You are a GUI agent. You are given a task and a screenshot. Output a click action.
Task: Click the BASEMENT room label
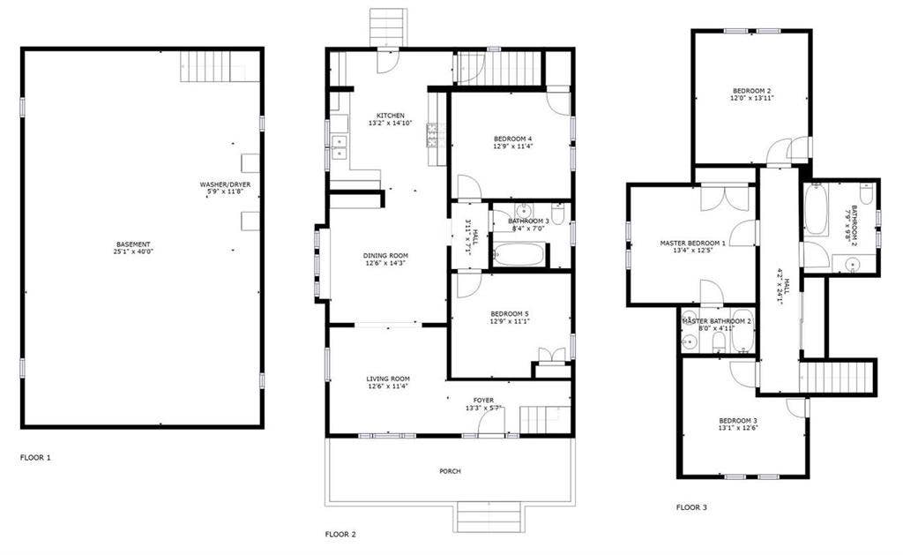tap(133, 244)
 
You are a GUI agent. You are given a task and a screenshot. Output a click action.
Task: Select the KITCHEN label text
tap(391, 116)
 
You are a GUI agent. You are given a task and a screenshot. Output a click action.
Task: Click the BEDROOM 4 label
tap(512, 139)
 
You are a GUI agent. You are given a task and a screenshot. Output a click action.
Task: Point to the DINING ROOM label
tap(386, 256)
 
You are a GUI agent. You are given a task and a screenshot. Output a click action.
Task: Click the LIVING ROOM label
tap(387, 379)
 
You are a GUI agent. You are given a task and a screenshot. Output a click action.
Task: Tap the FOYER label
tap(483, 400)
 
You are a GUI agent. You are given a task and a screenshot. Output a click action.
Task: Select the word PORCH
tap(450, 471)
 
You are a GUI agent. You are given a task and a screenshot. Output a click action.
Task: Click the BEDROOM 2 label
tap(751, 91)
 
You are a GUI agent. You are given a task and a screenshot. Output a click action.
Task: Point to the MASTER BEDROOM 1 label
tap(693, 243)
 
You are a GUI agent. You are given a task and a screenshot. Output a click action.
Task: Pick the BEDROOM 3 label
tap(738, 420)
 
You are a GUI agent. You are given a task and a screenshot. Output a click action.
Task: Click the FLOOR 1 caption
tap(36, 458)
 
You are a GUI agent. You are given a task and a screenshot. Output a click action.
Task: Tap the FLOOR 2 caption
tap(340, 534)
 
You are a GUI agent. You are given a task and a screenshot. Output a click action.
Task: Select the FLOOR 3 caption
tap(691, 507)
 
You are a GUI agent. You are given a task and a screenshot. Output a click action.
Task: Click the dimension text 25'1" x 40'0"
tap(133, 251)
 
